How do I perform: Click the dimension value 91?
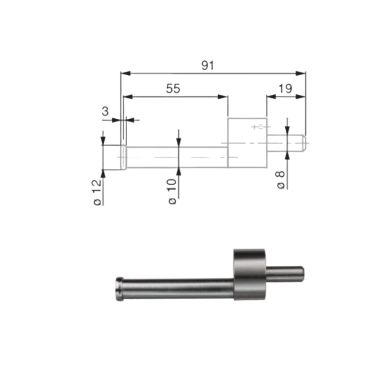coord(208,66)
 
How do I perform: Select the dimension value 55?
coord(173,89)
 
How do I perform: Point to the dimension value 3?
coord(106,112)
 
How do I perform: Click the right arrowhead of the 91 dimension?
coord(302,73)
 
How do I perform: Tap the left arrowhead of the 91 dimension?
coord(125,73)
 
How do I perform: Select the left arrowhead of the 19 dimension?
coord(270,97)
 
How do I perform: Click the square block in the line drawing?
coord(247,143)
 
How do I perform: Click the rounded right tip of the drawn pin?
coord(304,143)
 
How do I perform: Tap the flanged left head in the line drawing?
coord(123,156)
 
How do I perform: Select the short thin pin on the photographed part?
coord(286,273)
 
